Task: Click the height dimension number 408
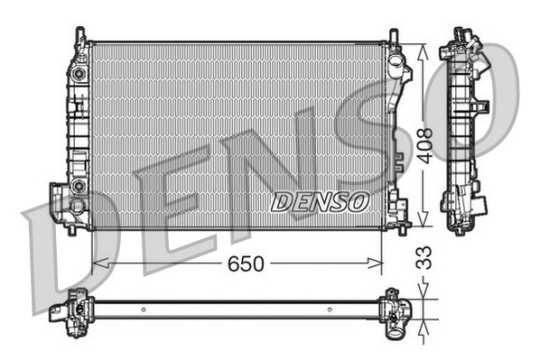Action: point(424,145)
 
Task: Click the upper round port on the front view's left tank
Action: point(79,72)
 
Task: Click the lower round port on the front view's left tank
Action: point(79,186)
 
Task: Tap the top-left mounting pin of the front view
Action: point(82,35)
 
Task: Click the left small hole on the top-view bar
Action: point(143,309)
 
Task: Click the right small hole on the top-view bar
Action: point(331,309)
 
